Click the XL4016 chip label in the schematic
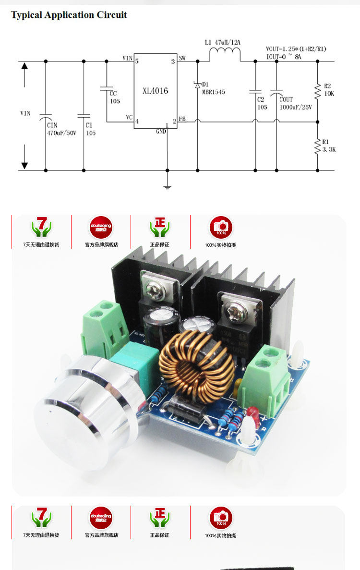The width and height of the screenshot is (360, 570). pyautogui.click(x=155, y=91)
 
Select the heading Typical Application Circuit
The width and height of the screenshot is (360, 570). pyautogui.click(x=69, y=15)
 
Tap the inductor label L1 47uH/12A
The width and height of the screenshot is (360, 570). pyautogui.click(x=222, y=43)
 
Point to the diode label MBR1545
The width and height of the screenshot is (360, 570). pyautogui.click(x=214, y=92)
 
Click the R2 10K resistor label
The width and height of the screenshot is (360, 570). pyautogui.click(x=329, y=90)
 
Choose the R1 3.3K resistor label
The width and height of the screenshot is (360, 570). pyautogui.click(x=329, y=146)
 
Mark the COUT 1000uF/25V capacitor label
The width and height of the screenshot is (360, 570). pyautogui.click(x=296, y=104)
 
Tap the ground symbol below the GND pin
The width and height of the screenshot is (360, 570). pyautogui.click(x=167, y=186)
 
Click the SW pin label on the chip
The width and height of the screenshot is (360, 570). pyautogui.click(x=182, y=59)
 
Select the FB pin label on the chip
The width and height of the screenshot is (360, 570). pyautogui.click(x=182, y=119)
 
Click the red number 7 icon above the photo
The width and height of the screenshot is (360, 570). pyautogui.click(x=41, y=227)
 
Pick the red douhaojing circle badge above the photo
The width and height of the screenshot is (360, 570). pyautogui.click(x=101, y=227)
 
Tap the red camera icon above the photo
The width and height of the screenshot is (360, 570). pyautogui.click(x=220, y=227)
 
